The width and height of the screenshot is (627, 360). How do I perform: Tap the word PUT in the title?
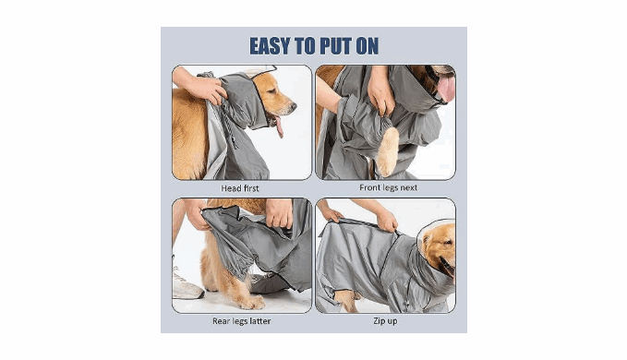[334, 46]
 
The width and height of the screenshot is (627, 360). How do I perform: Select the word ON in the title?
[367, 46]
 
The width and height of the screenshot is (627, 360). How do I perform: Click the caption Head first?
[240, 188]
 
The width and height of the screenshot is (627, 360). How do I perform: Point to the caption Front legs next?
[388, 187]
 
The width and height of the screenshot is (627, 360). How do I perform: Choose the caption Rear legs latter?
[242, 321]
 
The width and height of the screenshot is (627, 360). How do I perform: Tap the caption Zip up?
[385, 321]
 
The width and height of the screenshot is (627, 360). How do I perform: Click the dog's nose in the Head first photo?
[294, 106]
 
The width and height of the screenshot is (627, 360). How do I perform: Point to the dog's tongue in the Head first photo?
[279, 126]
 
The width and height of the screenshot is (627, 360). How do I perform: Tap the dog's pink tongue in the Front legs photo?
[447, 88]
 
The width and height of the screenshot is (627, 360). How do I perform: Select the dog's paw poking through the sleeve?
[387, 151]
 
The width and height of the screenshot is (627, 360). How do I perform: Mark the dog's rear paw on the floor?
[252, 302]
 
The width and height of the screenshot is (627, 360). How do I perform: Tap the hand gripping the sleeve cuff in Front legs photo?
[380, 96]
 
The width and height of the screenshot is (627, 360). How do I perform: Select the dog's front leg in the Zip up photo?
[346, 301]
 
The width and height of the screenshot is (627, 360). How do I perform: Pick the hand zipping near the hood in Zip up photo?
[386, 221]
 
